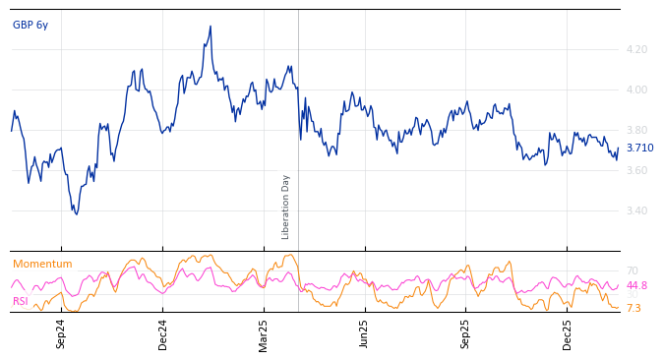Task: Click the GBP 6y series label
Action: (30, 25)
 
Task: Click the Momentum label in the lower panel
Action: (42, 264)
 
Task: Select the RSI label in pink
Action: (21, 301)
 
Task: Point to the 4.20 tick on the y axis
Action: (636, 49)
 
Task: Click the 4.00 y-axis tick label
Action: (636, 90)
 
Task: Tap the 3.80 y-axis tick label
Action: (636, 130)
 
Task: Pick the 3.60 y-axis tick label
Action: (636, 170)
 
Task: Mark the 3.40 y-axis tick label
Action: (636, 210)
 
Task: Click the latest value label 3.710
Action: (639, 149)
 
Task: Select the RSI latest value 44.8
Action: (636, 285)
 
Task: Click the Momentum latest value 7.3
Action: (633, 308)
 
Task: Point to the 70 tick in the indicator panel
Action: (632, 270)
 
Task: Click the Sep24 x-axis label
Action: (61, 333)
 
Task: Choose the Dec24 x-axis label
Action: (163, 333)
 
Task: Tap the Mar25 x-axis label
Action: (264, 333)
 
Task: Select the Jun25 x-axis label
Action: (365, 333)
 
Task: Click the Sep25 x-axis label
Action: (466, 333)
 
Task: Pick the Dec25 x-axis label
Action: (568, 333)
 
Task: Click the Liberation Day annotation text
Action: (286, 207)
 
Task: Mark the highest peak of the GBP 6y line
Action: (211, 27)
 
